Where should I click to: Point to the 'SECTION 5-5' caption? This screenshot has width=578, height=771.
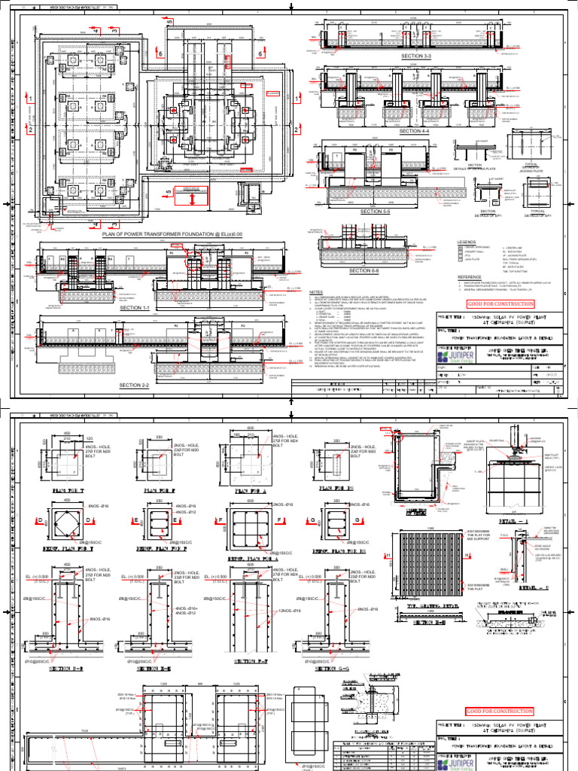pyautogui.click(x=382, y=212)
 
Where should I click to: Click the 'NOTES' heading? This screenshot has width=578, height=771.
pyautogui.click(x=315, y=292)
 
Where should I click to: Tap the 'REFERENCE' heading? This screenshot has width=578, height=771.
pyautogui.click(x=470, y=277)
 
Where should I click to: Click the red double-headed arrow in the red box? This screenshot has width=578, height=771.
pyautogui.click(x=193, y=200)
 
